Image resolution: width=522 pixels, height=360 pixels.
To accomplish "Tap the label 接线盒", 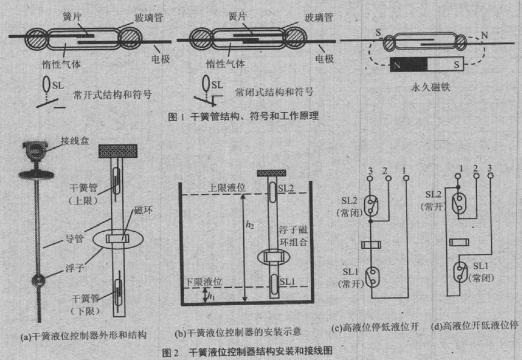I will pyautogui.click(x=72, y=142).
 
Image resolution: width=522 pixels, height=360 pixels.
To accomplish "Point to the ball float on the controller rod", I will pyautogui.click(x=37, y=281).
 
